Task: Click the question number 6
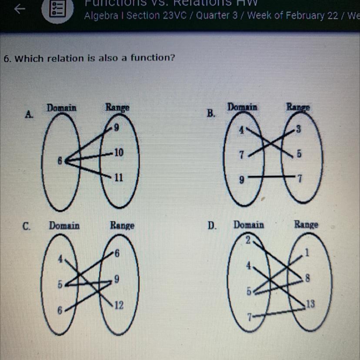(x=6, y=59)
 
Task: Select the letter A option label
(x=29, y=115)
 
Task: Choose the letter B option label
(x=211, y=114)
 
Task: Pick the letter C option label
(x=27, y=226)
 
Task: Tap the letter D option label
(x=212, y=226)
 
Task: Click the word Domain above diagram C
(x=64, y=226)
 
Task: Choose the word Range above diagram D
(x=306, y=225)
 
